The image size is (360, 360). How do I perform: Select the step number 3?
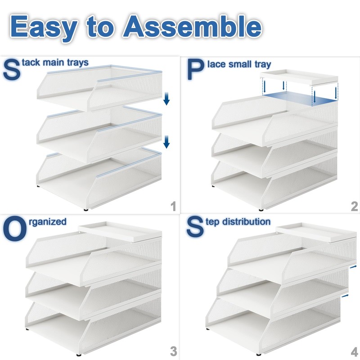point(173,351)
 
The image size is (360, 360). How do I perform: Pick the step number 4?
point(354,351)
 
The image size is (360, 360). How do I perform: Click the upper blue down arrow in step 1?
point(166,99)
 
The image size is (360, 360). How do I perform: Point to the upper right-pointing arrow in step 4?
point(354,267)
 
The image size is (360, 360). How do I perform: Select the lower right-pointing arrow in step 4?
point(345,296)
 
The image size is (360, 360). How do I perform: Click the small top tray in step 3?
point(119,230)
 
